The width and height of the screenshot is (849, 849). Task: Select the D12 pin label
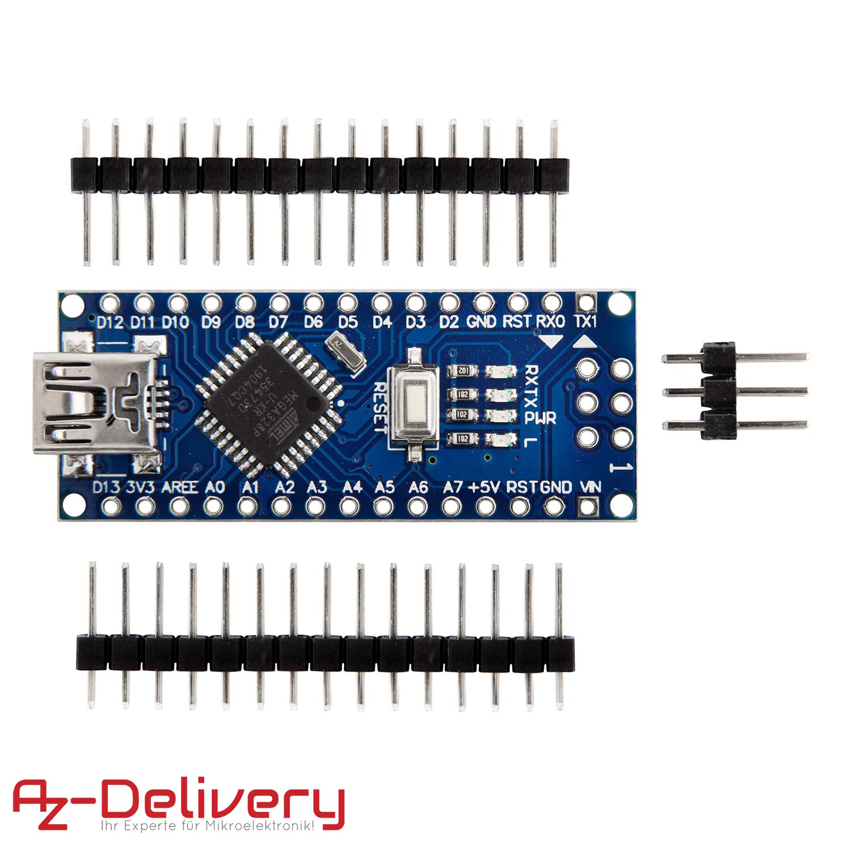pos(110,323)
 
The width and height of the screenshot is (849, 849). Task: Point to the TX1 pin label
pos(585,322)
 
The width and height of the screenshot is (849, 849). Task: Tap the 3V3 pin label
pos(140,487)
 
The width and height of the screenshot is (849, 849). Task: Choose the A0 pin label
pos(215,487)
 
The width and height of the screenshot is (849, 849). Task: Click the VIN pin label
pos(591,486)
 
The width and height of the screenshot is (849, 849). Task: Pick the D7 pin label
pos(278,323)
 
